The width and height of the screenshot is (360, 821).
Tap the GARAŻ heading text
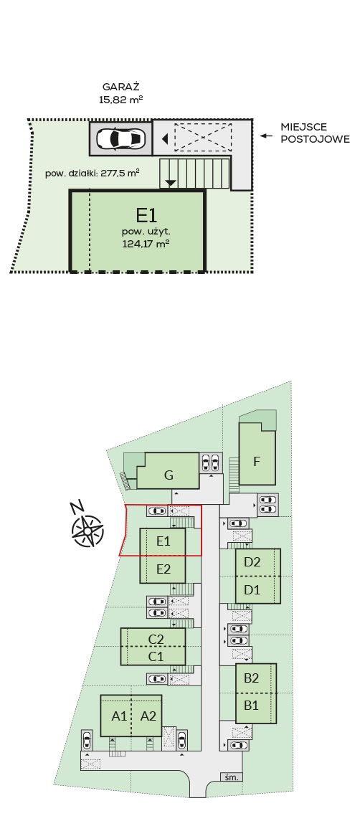121,87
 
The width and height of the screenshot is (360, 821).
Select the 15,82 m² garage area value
121,100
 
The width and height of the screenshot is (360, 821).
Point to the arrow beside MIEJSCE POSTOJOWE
267,136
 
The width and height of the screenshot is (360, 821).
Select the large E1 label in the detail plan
147,215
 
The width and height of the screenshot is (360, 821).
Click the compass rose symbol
87,531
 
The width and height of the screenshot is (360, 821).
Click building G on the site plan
169,475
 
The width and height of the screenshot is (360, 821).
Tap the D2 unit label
252,562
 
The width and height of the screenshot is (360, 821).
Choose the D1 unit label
252,589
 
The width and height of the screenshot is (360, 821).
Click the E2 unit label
164,569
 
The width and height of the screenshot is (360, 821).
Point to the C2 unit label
156,640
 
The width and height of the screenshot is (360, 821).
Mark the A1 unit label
120,716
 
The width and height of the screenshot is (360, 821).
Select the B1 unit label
252,706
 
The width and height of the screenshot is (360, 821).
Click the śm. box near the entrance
232,777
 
